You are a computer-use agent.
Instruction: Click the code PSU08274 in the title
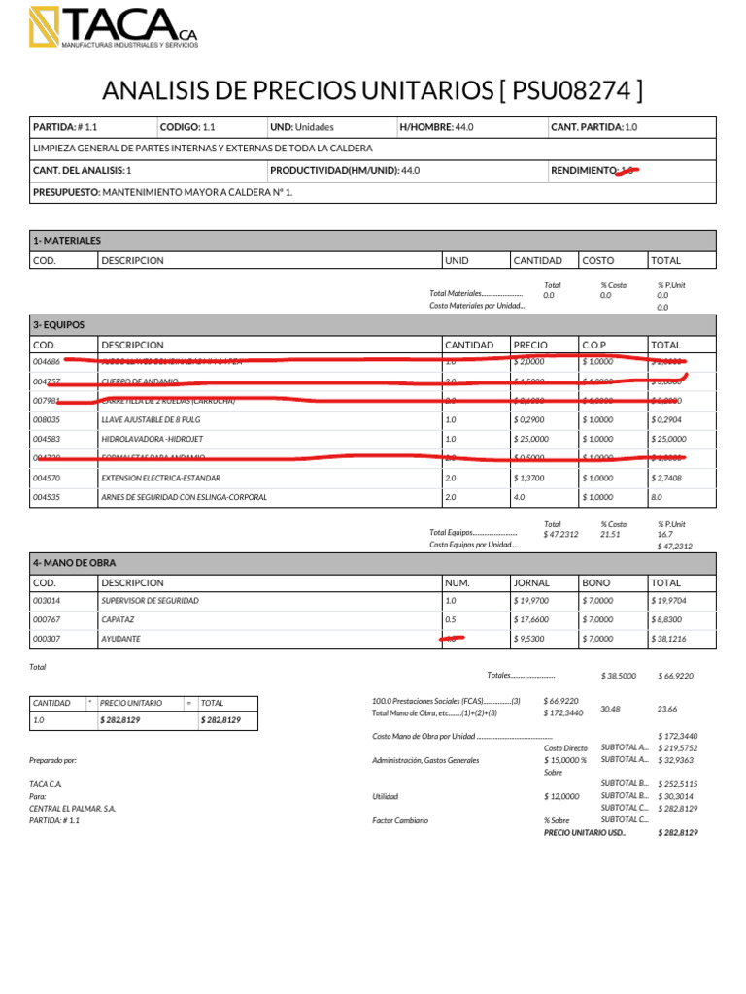point(571,91)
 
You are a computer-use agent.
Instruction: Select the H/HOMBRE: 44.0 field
point(436,127)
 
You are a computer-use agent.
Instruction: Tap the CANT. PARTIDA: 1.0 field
point(593,127)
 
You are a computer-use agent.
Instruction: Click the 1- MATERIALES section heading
point(67,240)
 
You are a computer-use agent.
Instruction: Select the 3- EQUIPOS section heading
point(59,325)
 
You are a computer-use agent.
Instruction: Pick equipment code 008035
point(47,419)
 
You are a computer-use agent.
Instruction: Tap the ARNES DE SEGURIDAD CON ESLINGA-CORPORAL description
point(184,497)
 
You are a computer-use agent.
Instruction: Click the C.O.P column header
point(593,345)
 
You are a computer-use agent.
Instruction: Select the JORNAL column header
point(531,583)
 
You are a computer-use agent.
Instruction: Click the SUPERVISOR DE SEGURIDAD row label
point(150,601)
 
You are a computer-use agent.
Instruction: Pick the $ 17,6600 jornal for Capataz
point(533,619)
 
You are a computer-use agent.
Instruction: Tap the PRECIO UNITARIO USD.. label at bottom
point(585,832)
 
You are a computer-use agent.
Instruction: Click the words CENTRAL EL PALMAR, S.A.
point(72,808)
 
